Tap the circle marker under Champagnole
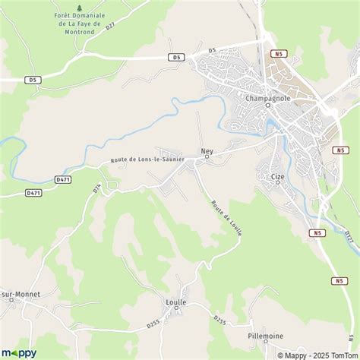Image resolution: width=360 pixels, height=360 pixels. click(x=268, y=106)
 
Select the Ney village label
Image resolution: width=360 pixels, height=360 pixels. click(x=207, y=150)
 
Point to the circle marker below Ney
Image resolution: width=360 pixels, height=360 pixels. click(x=207, y=157)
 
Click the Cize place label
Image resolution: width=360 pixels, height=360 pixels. click(x=277, y=175)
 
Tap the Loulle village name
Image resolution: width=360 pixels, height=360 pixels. click(x=176, y=302)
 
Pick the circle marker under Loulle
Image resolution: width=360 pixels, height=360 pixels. click(x=176, y=309)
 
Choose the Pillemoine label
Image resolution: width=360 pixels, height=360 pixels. click(x=265, y=335)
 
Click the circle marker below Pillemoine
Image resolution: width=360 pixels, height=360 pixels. click(x=265, y=343)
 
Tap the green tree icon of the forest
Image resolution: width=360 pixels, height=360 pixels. click(x=79, y=5)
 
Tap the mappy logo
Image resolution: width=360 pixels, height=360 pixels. click(x=20, y=352)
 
